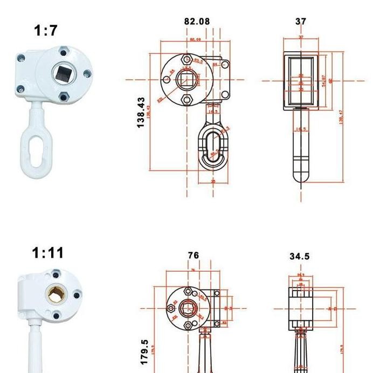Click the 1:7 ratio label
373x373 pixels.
tap(46, 31)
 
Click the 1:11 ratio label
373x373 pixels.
tap(47, 253)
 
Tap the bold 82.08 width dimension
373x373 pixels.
tap(197, 22)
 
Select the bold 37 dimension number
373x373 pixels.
tap(301, 22)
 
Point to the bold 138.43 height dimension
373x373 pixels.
tap(141, 112)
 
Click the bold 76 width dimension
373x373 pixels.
tap(193, 255)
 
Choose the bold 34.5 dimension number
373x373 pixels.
tap(299, 257)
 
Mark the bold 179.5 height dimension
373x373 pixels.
tap(144, 352)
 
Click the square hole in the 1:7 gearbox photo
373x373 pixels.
tap(58, 71)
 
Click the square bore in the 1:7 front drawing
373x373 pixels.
tap(186, 79)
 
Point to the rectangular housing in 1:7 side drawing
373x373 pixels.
tap(301, 81)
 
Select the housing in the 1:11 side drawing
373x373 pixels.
tap(300, 308)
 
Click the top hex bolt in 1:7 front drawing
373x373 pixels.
tap(187, 59)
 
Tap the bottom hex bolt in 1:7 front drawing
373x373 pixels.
tap(187, 100)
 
